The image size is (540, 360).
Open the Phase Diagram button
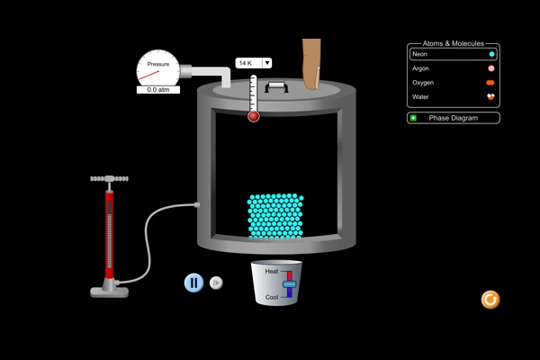tap(453, 118)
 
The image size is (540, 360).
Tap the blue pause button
tap(193, 283)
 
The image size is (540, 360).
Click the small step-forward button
tap(216, 283)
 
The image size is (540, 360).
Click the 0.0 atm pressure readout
tap(158, 90)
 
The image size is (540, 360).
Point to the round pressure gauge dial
tap(158, 67)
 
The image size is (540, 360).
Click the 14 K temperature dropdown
tap(253, 63)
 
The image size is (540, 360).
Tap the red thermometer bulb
tap(253, 116)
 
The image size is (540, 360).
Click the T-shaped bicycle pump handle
tap(109, 179)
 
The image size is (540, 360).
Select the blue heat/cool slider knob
tap(289, 284)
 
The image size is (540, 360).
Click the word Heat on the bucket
tap(272, 271)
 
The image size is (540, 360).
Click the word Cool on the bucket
tap(272, 297)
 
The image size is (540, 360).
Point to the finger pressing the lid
tap(312, 65)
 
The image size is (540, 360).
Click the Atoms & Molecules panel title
tap(453, 43)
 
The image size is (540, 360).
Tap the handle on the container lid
tap(274, 86)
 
